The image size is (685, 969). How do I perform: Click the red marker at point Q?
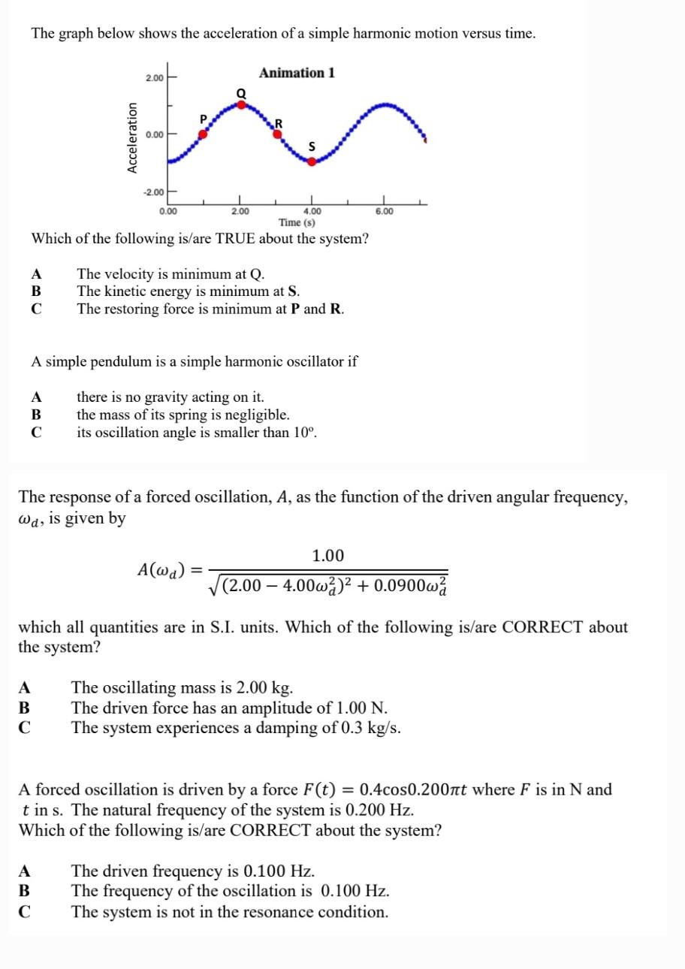241,104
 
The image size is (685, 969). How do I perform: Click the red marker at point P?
202,134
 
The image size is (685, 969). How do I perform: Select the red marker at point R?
277,134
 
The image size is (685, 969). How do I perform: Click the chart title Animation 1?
297,73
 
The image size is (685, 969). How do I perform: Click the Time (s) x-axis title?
297,222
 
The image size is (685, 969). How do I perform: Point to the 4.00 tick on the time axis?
312,212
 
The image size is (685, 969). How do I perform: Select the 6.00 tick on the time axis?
384,212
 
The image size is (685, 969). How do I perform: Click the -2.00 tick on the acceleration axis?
153,192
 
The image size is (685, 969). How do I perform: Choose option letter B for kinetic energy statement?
36,291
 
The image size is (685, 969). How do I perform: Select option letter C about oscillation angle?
36,433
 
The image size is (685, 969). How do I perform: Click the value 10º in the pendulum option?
304,433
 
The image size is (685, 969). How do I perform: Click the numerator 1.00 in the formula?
327,556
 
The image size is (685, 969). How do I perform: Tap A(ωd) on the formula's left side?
161,569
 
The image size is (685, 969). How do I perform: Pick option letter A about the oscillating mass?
25,687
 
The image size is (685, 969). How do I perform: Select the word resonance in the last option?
294,912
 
